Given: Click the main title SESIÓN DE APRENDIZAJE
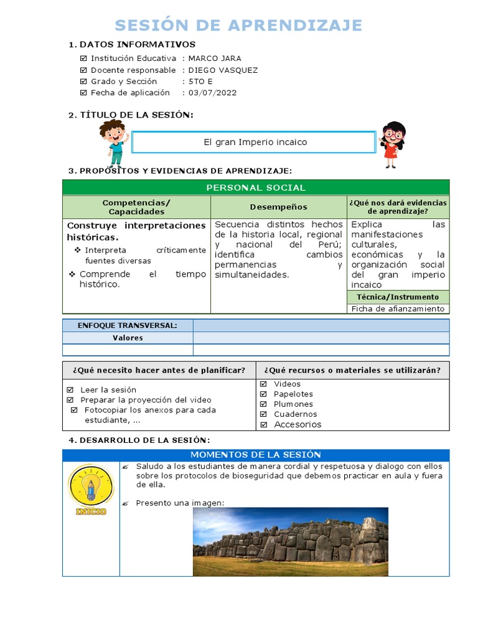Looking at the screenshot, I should point(239,25).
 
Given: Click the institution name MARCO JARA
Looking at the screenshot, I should point(215,58).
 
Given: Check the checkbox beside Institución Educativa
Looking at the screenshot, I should point(84,58).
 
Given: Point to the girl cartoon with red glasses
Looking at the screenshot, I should point(392,144).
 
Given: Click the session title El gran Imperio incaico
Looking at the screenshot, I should point(255,142).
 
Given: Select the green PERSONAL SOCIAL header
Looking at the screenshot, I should point(255,187).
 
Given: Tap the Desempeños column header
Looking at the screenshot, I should point(278,207).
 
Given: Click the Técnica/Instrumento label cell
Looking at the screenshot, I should point(398,297).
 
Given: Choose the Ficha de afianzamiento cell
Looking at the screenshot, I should point(398,309).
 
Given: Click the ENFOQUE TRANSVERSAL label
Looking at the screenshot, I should point(127,325).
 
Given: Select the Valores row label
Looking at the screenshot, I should point(128,338).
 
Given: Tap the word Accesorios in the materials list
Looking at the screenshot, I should point(298,424).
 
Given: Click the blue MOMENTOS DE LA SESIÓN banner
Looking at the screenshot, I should point(255,455).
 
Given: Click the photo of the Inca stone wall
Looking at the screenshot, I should point(290,541).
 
